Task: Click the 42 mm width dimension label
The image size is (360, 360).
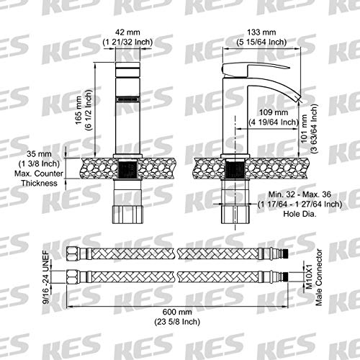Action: (x=127, y=32)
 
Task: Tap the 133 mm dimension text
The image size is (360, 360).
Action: (x=261, y=32)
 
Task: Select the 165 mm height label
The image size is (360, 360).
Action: (x=78, y=110)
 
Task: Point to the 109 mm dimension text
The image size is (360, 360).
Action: (x=274, y=112)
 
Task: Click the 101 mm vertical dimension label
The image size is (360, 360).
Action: (x=304, y=129)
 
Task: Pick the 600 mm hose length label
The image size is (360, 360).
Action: (x=177, y=312)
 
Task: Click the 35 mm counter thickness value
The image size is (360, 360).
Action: (x=39, y=153)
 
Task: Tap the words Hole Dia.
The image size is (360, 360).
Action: (x=300, y=214)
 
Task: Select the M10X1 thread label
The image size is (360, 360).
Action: (x=309, y=276)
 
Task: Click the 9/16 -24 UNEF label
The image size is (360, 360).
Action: (x=46, y=277)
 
